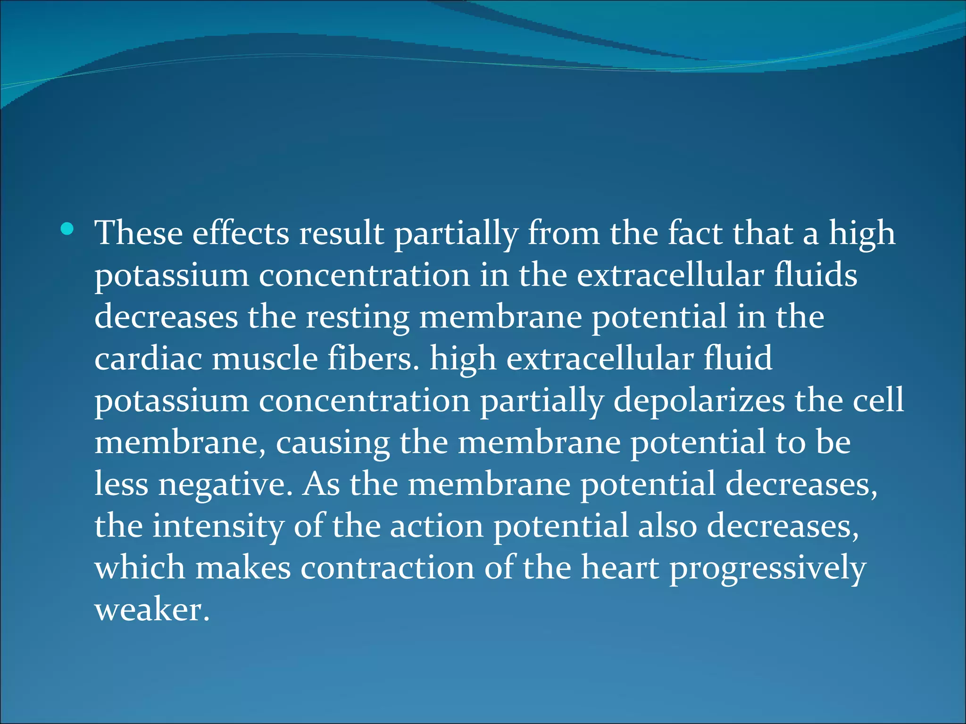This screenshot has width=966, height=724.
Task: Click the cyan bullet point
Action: point(67,230)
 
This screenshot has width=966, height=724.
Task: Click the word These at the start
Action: point(139,233)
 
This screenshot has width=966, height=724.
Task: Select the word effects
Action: point(241,233)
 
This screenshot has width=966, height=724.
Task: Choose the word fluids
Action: point(816,275)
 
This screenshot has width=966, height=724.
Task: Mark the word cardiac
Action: point(148,359)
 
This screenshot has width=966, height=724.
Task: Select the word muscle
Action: point(265,359)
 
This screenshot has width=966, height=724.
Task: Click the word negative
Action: point(225,485)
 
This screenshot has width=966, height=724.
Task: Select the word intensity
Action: point(218,526)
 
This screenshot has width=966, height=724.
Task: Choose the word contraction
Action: point(387,568)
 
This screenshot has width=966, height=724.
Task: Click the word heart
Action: point(619,568)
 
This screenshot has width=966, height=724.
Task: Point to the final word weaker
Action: point(151,609)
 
